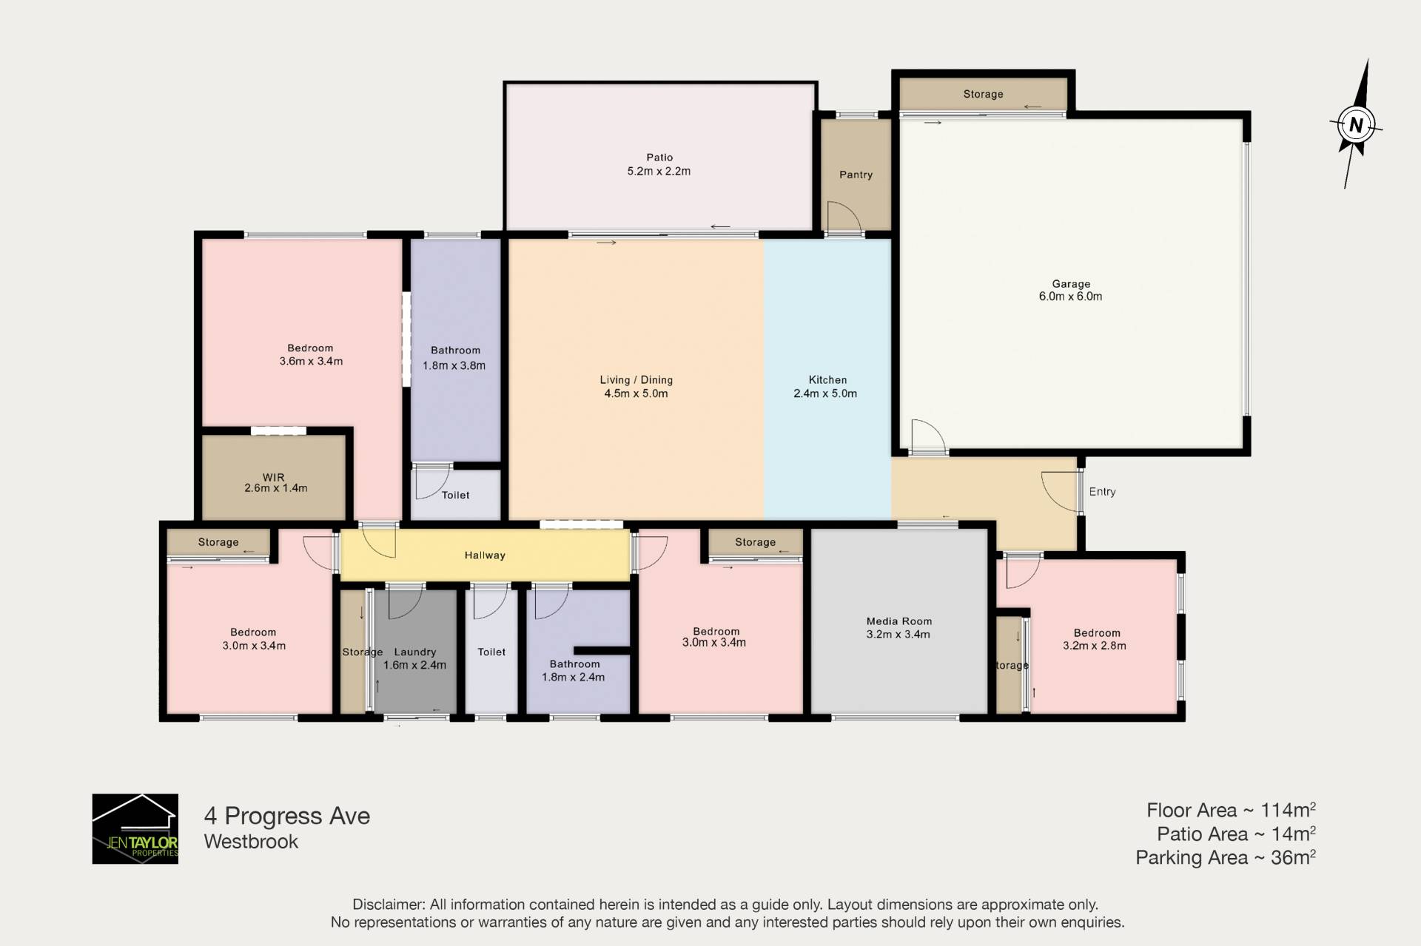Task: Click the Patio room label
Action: [659, 158]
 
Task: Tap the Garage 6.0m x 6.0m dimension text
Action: [1070, 297]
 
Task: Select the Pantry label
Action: [856, 175]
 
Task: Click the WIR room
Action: [274, 477]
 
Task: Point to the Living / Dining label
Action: [636, 380]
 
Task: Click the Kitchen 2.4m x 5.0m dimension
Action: [825, 393]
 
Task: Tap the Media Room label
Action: [899, 621]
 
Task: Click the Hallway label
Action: [485, 555]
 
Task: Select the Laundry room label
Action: [415, 652]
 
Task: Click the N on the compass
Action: [1356, 125]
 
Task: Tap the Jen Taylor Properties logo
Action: [135, 828]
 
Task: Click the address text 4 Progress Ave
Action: [287, 816]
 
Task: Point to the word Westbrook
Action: [251, 842]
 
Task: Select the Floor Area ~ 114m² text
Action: [1231, 810]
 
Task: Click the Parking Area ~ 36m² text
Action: [1226, 857]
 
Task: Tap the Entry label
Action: [1102, 492]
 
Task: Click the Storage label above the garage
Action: [983, 94]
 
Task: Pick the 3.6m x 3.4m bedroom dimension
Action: [311, 362]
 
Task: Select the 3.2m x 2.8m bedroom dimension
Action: [1095, 646]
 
